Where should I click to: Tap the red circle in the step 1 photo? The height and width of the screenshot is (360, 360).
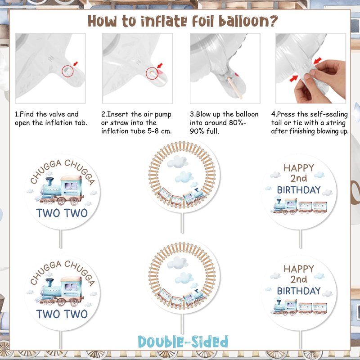point(67,71)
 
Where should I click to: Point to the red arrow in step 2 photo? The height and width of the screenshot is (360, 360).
point(160,65)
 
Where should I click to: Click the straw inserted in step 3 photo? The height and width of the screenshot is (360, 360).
point(234,88)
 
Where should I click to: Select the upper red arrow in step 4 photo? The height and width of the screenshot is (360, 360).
point(318,61)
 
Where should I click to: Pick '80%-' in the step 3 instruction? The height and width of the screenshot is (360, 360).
point(238,122)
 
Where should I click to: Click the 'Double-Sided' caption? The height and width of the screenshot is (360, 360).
point(183,342)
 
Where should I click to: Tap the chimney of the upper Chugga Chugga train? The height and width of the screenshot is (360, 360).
point(49,181)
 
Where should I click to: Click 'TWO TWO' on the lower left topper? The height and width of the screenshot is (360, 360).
point(62,314)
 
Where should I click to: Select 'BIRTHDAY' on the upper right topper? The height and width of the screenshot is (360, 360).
point(299,190)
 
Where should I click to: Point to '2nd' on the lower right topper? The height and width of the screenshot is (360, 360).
point(298,279)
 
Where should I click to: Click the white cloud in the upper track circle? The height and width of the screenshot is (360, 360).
point(177,162)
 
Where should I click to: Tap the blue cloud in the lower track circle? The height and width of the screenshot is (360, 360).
point(184,278)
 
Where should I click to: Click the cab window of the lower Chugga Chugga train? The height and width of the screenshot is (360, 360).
point(71,287)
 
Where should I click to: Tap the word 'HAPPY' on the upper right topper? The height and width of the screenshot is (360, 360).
point(299,168)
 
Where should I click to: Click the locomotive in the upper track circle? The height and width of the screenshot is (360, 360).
point(193,196)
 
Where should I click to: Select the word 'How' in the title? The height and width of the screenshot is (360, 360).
point(102,21)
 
